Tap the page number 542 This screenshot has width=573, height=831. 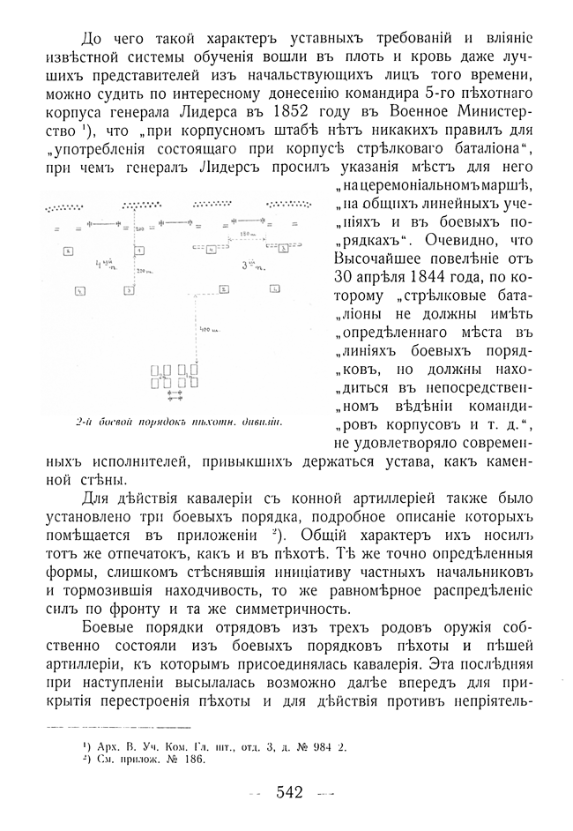click(289, 792)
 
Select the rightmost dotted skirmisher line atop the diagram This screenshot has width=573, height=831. click(291, 206)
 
